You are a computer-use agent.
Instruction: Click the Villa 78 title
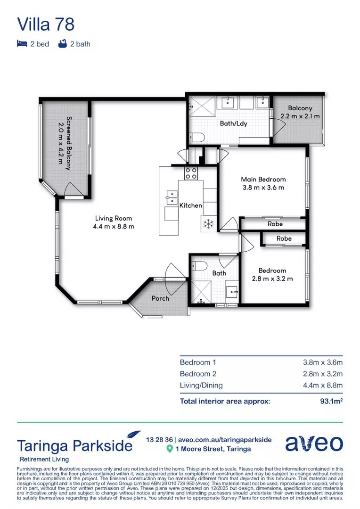coord(46,24)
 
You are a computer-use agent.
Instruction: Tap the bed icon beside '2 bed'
coord(21,44)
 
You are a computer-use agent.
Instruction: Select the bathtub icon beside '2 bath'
coord(62,44)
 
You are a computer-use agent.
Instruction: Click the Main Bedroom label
coord(263,179)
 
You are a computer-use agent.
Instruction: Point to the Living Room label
coord(114,218)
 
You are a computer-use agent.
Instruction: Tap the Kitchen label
coord(191,205)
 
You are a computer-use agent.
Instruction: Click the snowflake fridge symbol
coord(208,224)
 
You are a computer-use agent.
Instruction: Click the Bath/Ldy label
coord(234,123)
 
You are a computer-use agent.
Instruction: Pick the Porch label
coord(160,298)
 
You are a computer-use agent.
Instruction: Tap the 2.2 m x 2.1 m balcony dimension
coord(300,116)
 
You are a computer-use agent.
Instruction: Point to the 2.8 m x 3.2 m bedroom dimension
coord(272,279)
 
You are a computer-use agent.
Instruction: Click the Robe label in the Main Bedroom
coord(275,224)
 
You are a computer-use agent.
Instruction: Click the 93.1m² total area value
coord(331,402)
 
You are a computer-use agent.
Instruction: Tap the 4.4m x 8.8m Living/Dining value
coord(323,386)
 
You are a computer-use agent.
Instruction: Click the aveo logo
coord(314,443)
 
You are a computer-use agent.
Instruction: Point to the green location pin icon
coord(170,449)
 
